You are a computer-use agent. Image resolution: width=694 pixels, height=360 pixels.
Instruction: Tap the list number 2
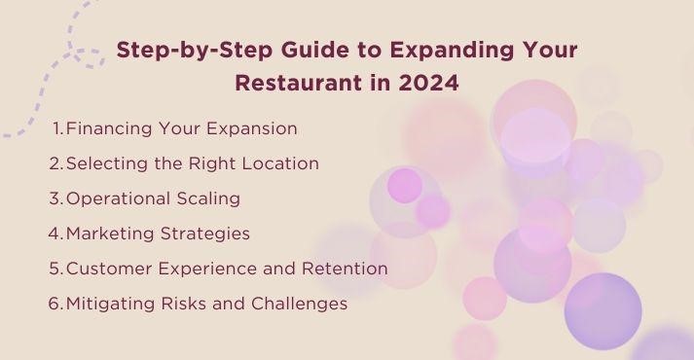[55, 163]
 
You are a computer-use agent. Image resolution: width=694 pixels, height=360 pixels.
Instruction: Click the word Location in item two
[281, 163]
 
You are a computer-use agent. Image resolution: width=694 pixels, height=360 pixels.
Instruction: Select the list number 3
[55, 198]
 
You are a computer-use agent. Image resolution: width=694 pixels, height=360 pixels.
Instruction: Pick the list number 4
[55, 234]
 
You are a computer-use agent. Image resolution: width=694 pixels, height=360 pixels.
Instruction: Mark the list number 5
[55, 269]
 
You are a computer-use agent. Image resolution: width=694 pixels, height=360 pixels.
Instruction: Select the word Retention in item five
[345, 269]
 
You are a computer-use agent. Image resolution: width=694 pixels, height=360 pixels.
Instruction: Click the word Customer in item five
[106, 269]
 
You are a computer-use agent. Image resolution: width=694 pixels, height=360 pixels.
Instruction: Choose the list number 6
[55, 304]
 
